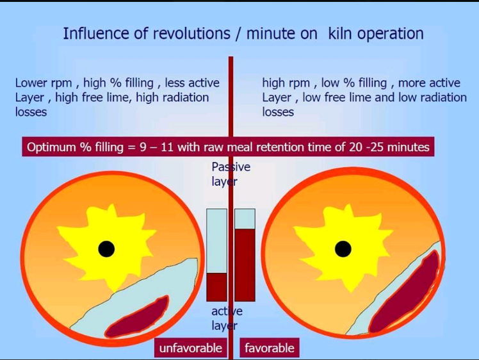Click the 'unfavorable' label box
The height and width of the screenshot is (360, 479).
pos(191,347)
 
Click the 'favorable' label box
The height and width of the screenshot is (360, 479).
pos(270,347)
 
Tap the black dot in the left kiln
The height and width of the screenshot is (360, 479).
pos(106,249)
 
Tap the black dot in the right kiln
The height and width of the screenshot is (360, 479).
pos(343,249)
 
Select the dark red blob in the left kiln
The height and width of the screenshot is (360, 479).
pos(138,318)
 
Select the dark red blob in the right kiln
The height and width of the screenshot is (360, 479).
pos(403,293)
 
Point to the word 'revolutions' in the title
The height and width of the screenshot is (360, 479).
pos(192,33)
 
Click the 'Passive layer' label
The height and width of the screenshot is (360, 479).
pos(231,174)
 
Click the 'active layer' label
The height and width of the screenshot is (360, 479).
pos(227,318)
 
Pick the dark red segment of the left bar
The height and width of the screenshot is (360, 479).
pos(216,287)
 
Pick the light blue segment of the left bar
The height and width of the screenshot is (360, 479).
pos(216,241)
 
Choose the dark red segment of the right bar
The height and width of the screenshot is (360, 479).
pos(245,265)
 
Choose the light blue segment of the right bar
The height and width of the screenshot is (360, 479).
pos(245,219)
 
